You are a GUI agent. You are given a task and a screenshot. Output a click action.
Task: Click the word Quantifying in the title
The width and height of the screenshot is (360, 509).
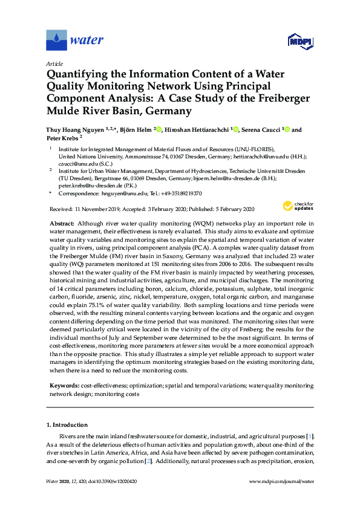tap(78, 74)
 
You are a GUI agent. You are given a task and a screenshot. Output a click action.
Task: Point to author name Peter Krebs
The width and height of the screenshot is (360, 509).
tap(64, 138)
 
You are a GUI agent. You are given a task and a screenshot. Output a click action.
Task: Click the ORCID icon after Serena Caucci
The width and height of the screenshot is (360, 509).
tap(287, 129)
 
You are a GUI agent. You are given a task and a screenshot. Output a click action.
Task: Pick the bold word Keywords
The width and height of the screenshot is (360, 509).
tap(64, 385)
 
